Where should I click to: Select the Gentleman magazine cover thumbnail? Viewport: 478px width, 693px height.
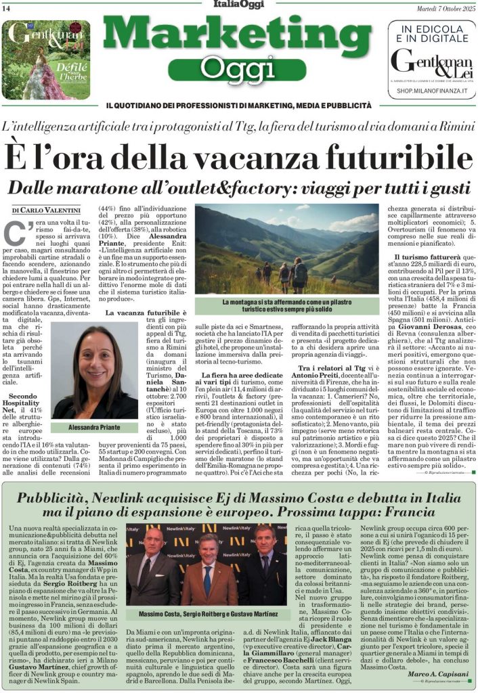45,60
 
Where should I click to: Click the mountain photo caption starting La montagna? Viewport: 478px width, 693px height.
287,305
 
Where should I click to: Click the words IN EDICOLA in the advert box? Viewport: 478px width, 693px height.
431,29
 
